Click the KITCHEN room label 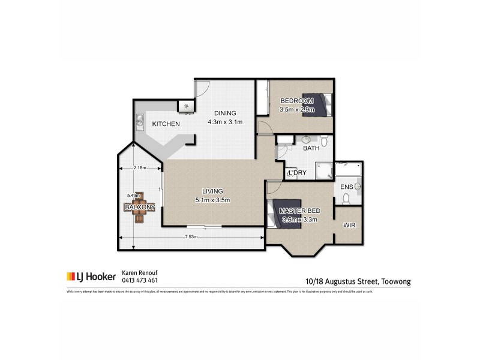166,124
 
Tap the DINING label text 221,113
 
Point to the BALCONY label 139,207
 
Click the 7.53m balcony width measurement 191,237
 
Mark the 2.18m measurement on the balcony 140,167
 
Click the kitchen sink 139,123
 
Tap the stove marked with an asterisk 186,106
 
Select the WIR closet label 349,226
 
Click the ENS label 346,187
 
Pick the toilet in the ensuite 357,187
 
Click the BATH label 311,148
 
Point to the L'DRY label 298,173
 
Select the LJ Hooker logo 91,277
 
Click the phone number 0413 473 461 140,280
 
